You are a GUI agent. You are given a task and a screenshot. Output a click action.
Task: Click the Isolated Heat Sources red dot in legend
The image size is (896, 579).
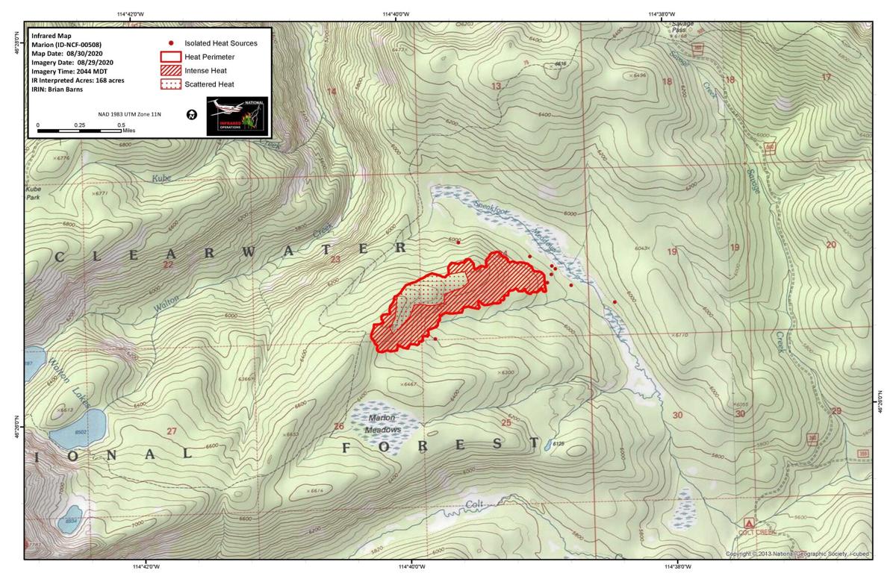click(x=172, y=43)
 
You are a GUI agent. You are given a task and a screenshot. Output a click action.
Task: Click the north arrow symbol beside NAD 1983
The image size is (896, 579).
click(x=192, y=115)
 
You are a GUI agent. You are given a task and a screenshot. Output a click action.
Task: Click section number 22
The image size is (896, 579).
click(x=168, y=264)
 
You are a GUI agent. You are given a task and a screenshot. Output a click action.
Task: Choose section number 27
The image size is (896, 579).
click(x=172, y=431)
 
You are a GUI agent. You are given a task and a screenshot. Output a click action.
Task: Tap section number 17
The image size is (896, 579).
click(x=826, y=78)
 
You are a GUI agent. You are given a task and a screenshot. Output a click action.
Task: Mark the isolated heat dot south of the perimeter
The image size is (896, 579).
click(x=435, y=339)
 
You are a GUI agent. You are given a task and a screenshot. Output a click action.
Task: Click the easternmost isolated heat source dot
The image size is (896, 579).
click(x=615, y=302)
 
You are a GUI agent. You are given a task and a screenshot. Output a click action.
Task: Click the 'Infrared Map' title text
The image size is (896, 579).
click(x=50, y=34)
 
